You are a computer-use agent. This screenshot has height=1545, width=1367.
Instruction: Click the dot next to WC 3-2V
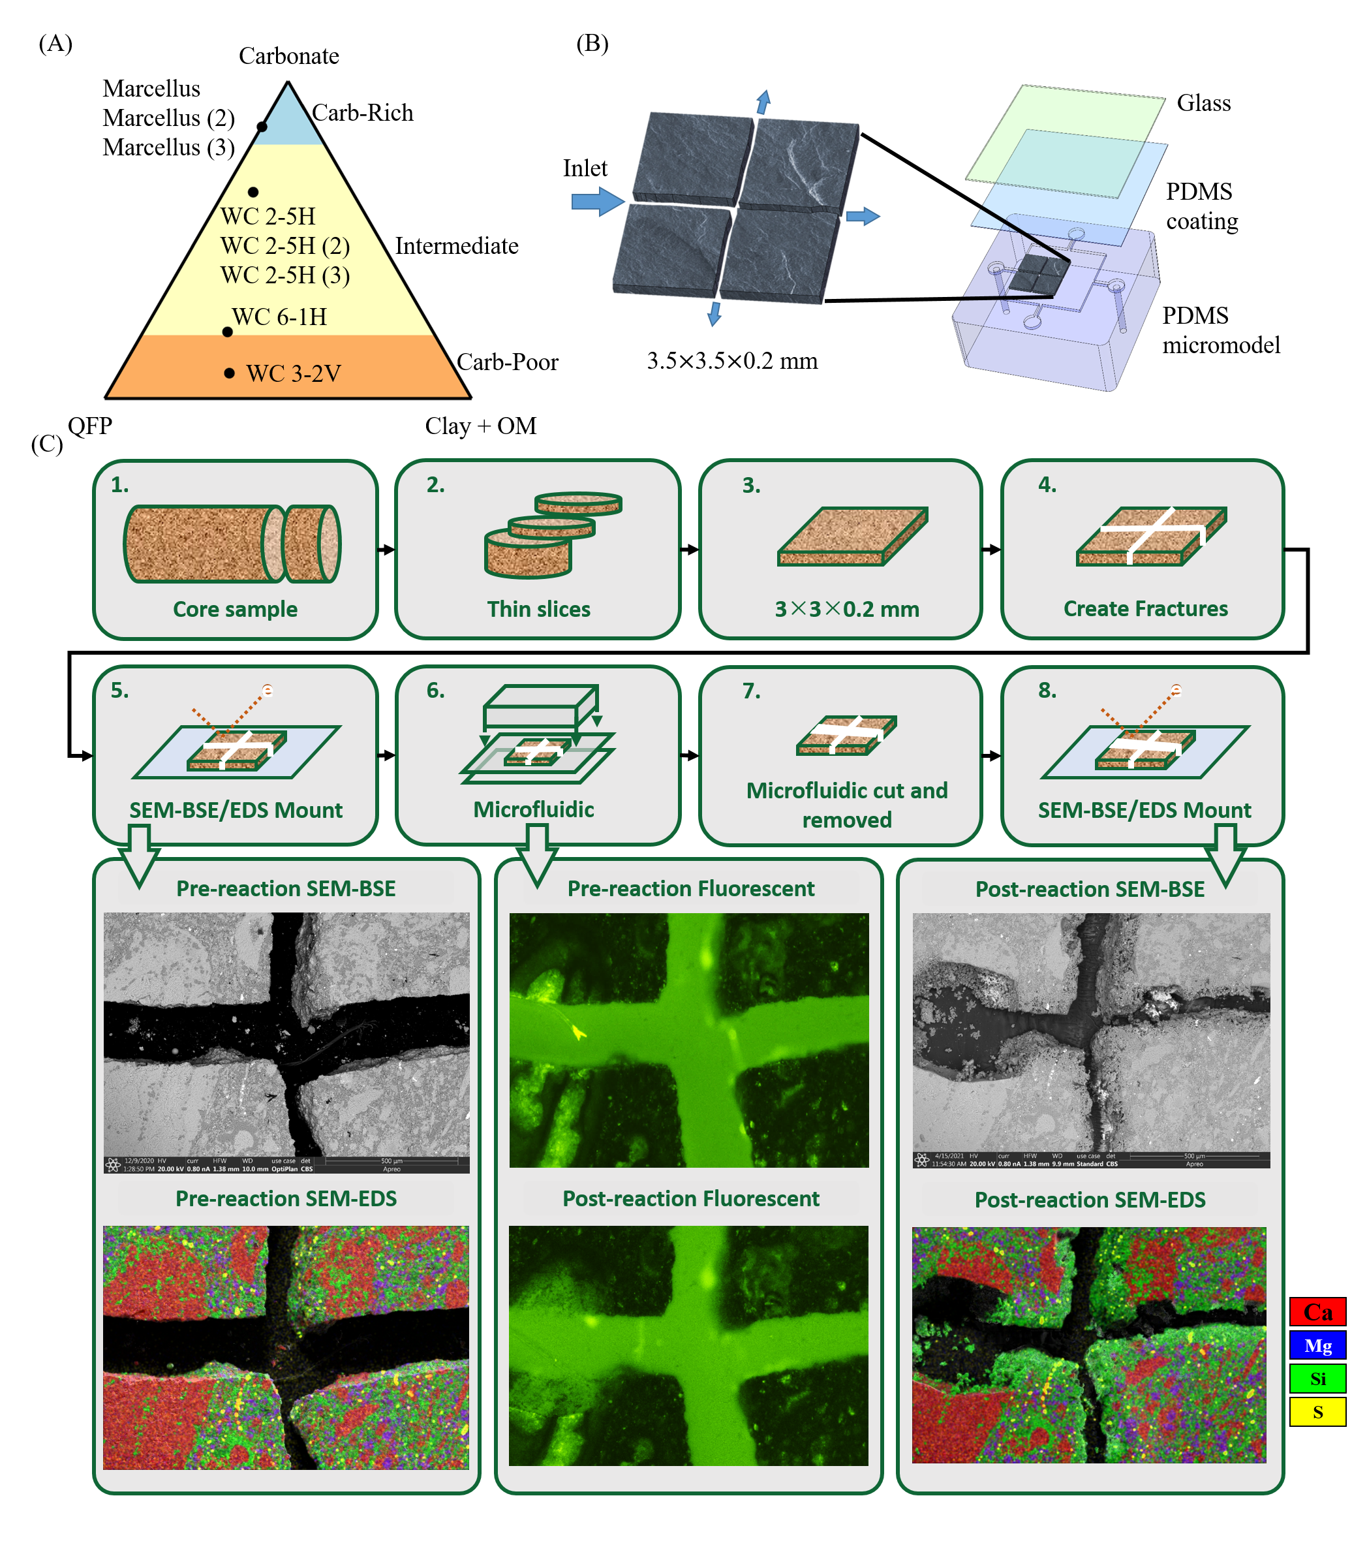click(229, 373)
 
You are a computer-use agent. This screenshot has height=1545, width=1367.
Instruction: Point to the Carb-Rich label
click(362, 114)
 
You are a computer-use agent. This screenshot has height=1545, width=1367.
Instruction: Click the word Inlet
click(584, 168)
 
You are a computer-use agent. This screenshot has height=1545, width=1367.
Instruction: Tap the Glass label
click(1203, 102)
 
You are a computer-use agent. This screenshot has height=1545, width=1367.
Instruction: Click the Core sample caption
click(235, 609)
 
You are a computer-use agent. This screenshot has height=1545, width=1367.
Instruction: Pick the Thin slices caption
click(538, 609)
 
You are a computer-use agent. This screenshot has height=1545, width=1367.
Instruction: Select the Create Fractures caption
click(1145, 608)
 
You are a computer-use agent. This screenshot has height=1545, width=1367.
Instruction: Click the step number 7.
click(750, 691)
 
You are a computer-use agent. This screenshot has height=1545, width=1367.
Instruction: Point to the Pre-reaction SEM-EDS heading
click(286, 1199)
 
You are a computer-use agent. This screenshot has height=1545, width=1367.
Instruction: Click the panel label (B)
click(592, 44)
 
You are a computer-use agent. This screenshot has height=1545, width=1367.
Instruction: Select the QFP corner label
click(90, 426)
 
